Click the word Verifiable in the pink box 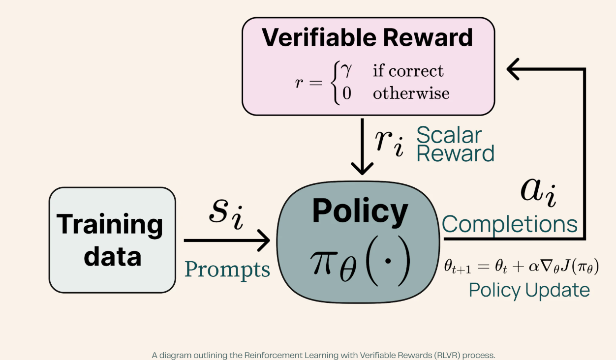pos(319,37)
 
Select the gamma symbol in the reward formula pos(346,70)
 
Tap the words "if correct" pos(408,70)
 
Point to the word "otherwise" pos(411,93)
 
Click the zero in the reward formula pos(347,93)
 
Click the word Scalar pos(449,135)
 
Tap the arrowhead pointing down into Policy pos(362,168)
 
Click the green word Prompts pos(227,270)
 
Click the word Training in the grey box pos(109,225)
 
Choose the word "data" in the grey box pos(113,256)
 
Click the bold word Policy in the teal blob pos(360,211)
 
